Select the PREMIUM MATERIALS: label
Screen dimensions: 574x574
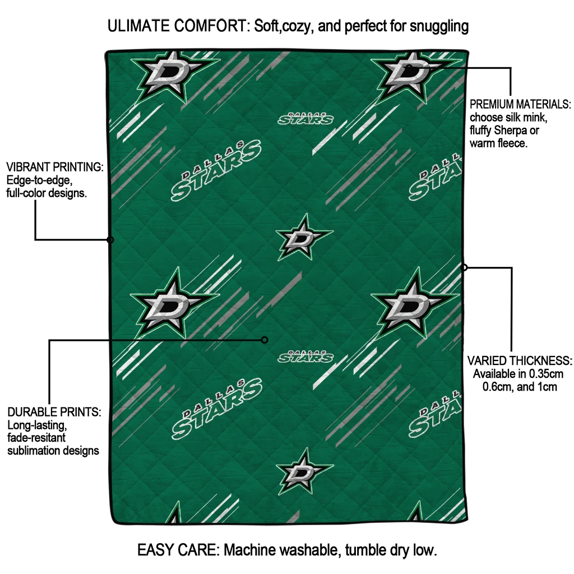pos(520,105)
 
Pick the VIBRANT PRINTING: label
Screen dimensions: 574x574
pos(54,168)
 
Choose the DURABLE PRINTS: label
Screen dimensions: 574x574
pos(54,412)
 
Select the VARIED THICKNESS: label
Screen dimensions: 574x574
pos(520,360)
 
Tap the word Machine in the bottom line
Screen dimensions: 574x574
pos(250,550)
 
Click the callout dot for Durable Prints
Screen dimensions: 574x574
pos(265,340)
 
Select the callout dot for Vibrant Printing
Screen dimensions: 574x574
pos(110,240)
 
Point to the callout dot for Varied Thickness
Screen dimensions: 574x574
pos(464,267)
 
